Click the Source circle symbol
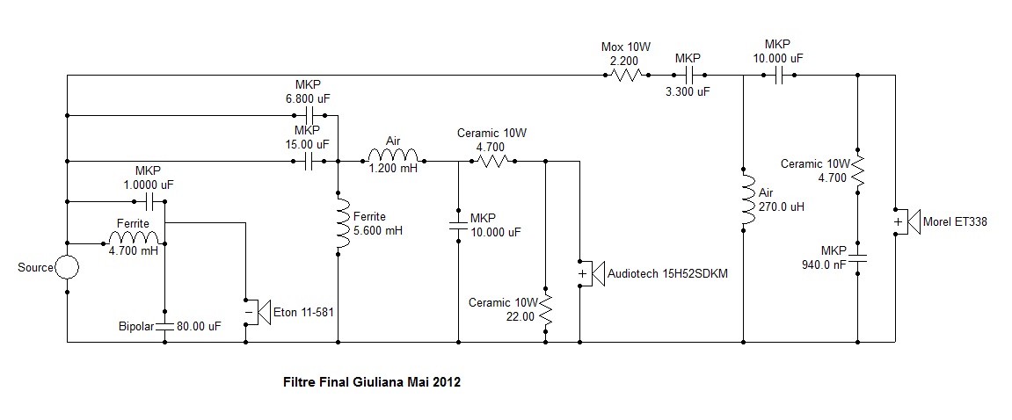click(x=67, y=267)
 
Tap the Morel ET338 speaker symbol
click(x=906, y=222)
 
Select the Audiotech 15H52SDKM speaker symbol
click(x=592, y=274)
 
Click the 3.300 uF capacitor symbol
click(x=687, y=76)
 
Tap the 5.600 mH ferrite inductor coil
click(x=339, y=222)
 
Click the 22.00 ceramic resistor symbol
click(x=546, y=309)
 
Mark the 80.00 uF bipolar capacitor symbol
click(x=164, y=325)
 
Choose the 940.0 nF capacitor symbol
click(x=858, y=261)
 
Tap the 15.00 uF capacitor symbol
click(x=309, y=162)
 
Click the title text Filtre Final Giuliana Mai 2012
click(x=372, y=383)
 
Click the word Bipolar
click(x=135, y=326)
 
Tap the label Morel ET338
click(x=955, y=222)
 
